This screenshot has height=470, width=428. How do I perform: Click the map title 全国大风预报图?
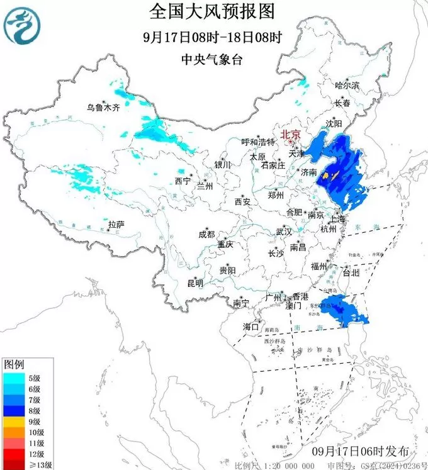(x=213, y=12)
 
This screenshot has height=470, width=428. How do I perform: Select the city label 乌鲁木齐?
(x=103, y=108)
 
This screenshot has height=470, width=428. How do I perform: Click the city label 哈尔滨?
(x=347, y=85)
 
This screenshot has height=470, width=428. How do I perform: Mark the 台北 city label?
(x=351, y=273)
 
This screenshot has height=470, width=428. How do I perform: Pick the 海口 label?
(x=251, y=327)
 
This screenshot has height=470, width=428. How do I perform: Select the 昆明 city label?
(x=195, y=283)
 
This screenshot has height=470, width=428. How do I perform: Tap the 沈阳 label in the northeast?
(x=334, y=123)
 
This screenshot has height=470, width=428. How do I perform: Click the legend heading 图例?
(x=14, y=364)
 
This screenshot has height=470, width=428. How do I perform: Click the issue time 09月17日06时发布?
(x=360, y=451)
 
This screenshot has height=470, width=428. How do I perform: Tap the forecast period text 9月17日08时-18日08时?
(x=213, y=36)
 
